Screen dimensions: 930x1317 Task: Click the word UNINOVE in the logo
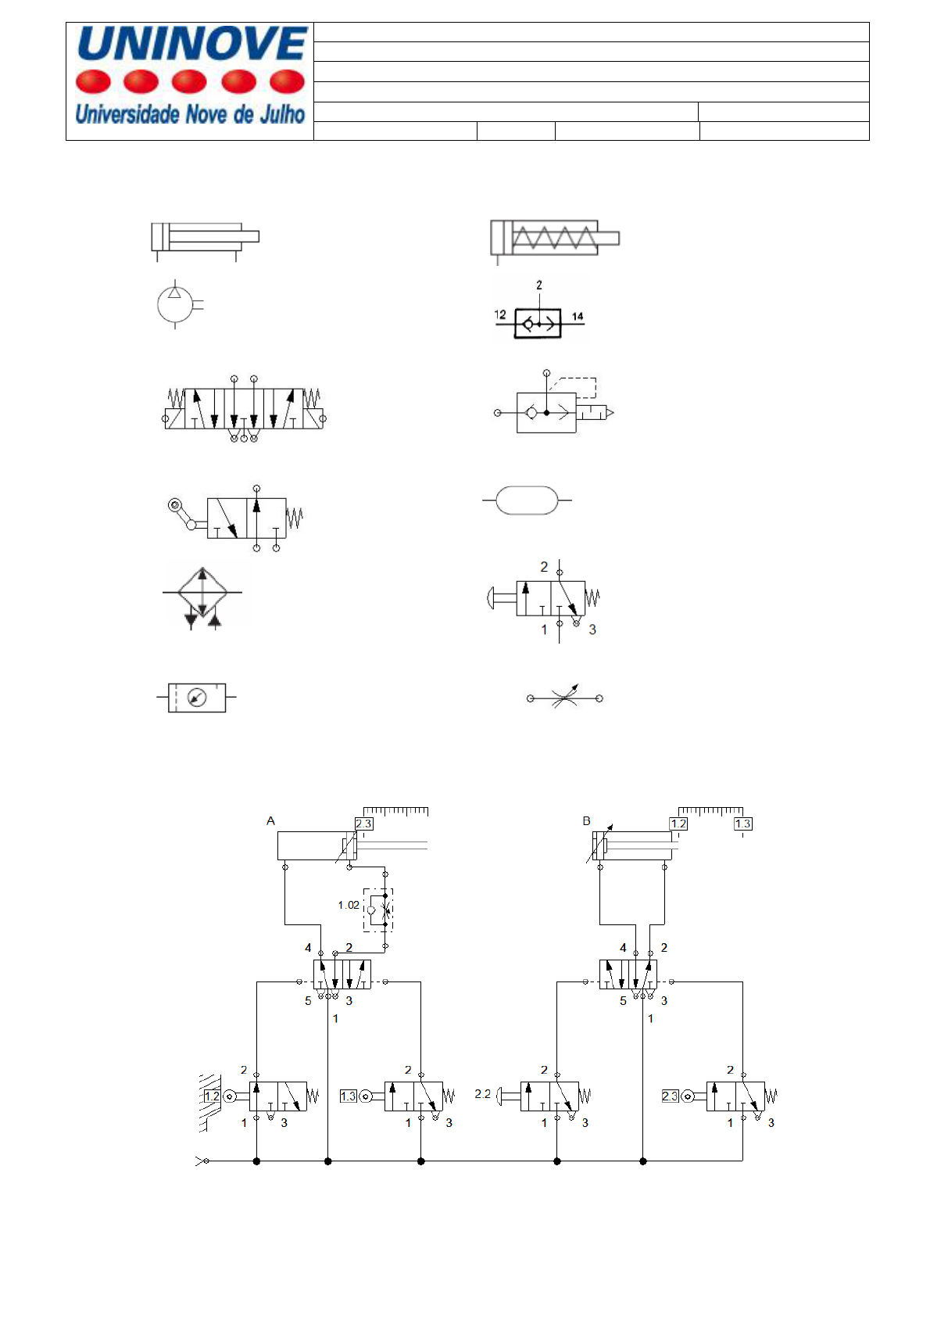click(x=192, y=44)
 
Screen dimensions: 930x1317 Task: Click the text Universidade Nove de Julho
click(x=190, y=115)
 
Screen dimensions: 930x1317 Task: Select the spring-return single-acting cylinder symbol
click(x=554, y=238)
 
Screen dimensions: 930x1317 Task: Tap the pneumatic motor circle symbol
click(x=175, y=305)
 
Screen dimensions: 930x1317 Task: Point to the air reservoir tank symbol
click(x=527, y=500)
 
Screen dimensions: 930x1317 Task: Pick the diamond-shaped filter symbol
click(x=202, y=592)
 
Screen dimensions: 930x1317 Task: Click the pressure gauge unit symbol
click(x=197, y=697)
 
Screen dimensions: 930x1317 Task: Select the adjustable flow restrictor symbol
click(x=565, y=698)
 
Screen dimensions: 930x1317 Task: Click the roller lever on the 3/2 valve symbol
click(x=177, y=508)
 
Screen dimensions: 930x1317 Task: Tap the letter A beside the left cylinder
click(x=270, y=821)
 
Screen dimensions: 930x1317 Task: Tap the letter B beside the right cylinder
click(x=586, y=821)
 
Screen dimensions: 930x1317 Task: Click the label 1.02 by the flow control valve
click(x=349, y=905)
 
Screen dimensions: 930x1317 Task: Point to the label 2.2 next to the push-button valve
click(x=482, y=1094)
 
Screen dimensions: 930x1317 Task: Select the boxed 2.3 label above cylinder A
click(x=363, y=824)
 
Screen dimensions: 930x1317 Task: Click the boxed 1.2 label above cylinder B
click(x=678, y=824)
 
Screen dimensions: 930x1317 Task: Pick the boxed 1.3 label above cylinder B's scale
click(x=742, y=824)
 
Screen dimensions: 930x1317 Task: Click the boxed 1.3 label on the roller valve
click(x=349, y=1096)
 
